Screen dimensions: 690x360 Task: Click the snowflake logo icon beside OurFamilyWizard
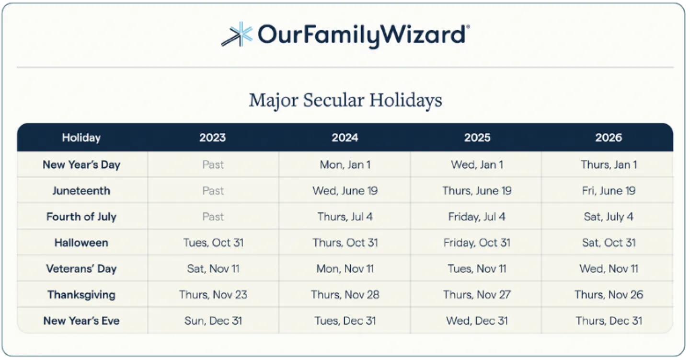[237, 34]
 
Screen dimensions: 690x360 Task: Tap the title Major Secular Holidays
[345, 101]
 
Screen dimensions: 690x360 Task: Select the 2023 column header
[213, 138]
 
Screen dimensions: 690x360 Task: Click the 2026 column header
[609, 138]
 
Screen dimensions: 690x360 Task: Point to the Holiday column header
[81, 138]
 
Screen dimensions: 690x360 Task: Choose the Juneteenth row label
[81, 191]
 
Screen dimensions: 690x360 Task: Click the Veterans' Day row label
[81, 269]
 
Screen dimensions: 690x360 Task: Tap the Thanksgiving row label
[81, 295]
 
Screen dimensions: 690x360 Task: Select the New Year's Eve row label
[81, 321]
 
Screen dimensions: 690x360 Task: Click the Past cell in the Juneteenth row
[213, 191]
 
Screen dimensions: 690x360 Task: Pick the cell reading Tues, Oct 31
[213, 243]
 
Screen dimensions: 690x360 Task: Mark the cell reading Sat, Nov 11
[213, 269]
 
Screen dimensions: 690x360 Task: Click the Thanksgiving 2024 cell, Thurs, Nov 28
[345, 295]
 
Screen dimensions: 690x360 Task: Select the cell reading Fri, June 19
[609, 191]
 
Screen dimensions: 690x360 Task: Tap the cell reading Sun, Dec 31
[213, 321]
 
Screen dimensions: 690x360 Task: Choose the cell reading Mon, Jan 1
[345, 165]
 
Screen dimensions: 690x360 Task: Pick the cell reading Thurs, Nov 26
[609, 295]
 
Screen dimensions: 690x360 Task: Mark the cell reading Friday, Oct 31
[477, 243]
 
